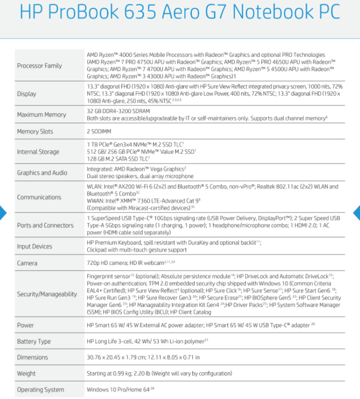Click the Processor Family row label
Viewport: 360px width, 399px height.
click(x=40, y=66)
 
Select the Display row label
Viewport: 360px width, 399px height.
click(x=27, y=94)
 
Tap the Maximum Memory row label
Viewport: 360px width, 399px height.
click(x=42, y=115)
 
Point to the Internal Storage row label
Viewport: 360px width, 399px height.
click(x=38, y=152)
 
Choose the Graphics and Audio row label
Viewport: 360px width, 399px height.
click(x=42, y=172)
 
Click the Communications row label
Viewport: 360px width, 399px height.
click(x=39, y=197)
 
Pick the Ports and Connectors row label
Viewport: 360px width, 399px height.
click(x=45, y=225)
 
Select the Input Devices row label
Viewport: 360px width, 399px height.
click(x=35, y=246)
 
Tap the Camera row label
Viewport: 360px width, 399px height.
click(x=27, y=262)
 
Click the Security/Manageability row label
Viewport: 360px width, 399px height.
click(x=47, y=294)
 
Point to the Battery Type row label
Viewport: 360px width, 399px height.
click(x=34, y=341)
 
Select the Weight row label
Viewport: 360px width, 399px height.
click(x=27, y=373)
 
